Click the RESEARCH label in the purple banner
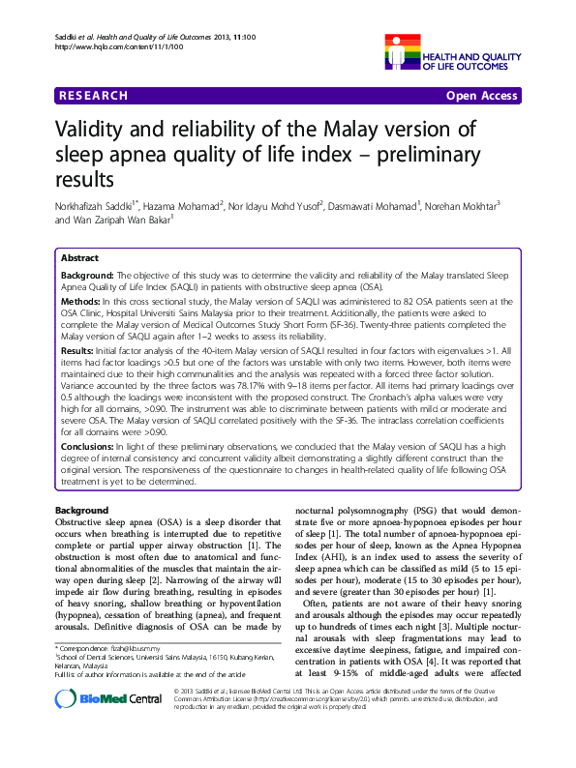(94, 96)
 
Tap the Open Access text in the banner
(483, 96)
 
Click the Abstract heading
(79, 259)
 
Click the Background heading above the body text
(81, 510)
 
